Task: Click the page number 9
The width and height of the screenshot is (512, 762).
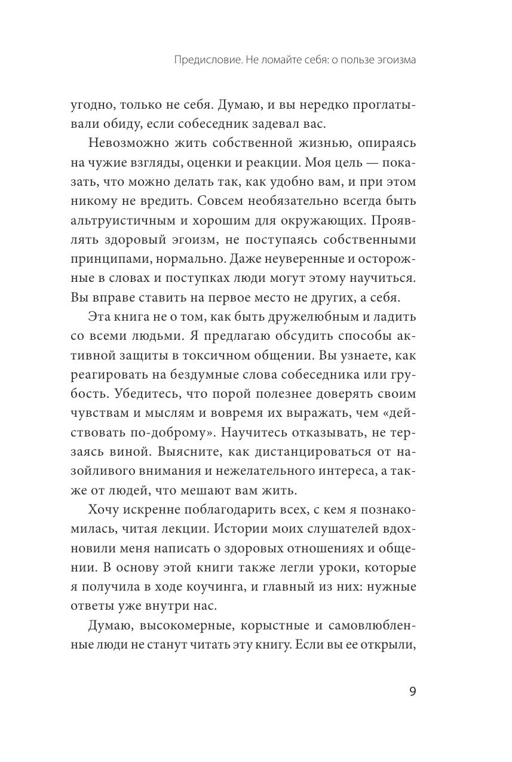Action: [412, 693]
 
